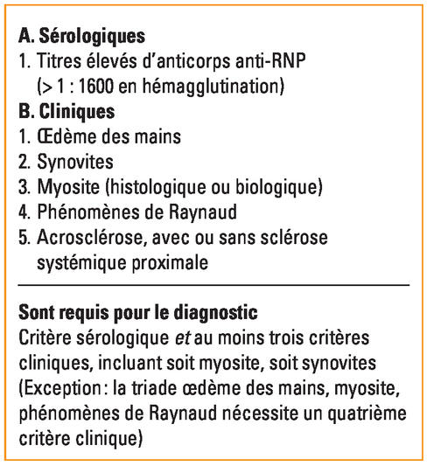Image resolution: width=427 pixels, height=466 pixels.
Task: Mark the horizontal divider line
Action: (213, 286)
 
